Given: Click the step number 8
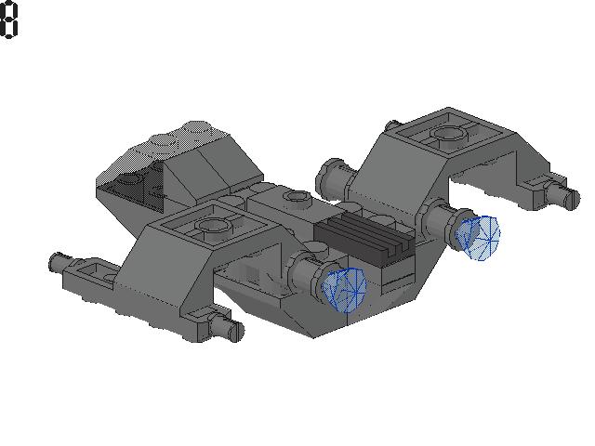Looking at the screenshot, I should point(9,20).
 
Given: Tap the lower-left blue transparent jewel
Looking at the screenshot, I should point(344,289).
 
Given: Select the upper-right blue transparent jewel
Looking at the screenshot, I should point(482,237).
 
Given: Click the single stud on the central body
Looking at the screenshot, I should point(297,198).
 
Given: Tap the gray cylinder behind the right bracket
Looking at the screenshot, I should point(333,173).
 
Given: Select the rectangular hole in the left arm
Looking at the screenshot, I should point(94,272).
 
